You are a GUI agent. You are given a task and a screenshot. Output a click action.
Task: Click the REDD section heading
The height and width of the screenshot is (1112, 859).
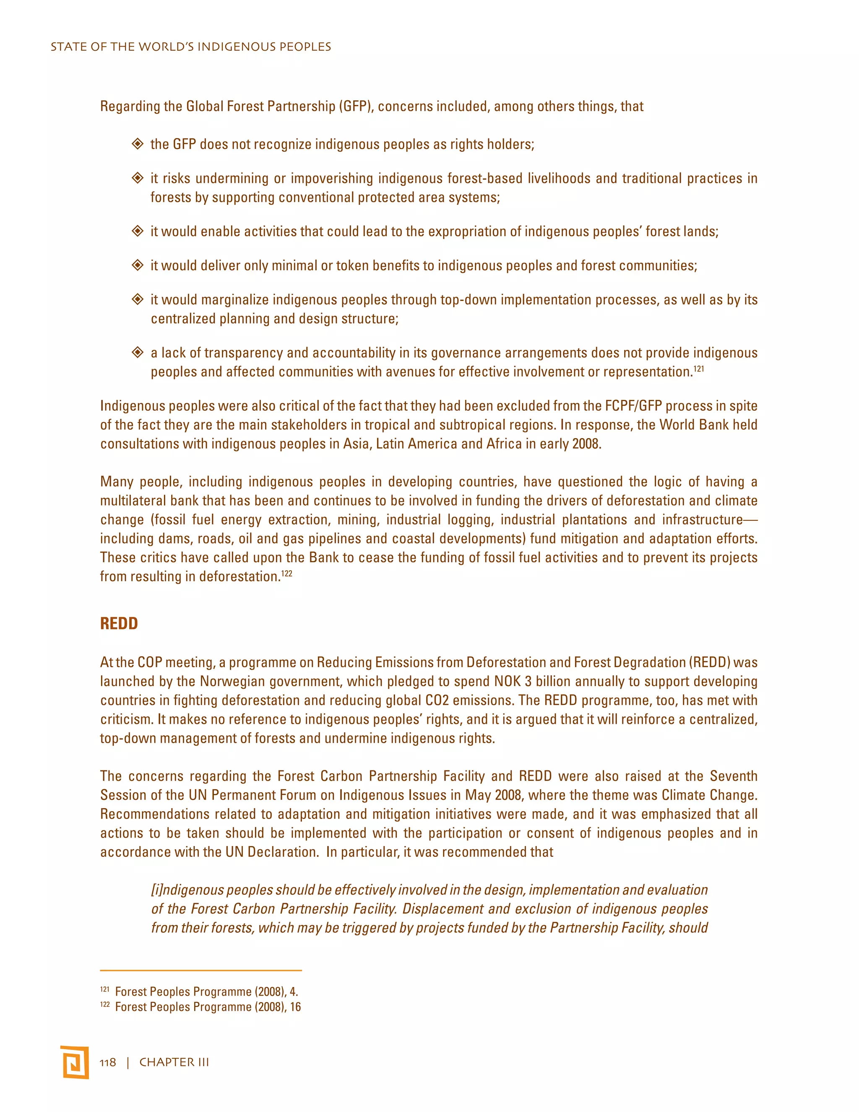click(x=119, y=624)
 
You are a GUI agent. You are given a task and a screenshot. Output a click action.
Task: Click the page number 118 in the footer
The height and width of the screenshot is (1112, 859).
click(x=107, y=1062)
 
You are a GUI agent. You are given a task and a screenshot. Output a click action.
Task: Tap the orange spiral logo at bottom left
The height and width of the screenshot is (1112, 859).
click(x=75, y=1062)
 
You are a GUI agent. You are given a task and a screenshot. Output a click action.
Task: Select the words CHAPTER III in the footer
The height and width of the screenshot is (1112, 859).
click(x=174, y=1062)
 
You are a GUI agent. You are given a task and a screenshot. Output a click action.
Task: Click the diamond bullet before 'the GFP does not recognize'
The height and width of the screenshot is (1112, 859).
click(x=138, y=144)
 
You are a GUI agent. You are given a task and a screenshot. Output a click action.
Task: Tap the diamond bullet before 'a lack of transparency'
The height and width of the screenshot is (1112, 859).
click(x=138, y=352)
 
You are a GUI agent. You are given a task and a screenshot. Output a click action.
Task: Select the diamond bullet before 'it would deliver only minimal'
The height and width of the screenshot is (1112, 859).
click(x=138, y=265)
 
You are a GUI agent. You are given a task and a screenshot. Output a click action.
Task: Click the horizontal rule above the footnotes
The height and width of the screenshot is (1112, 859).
click(x=200, y=971)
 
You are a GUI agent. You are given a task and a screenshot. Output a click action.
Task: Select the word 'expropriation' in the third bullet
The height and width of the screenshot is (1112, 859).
click(x=467, y=232)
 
